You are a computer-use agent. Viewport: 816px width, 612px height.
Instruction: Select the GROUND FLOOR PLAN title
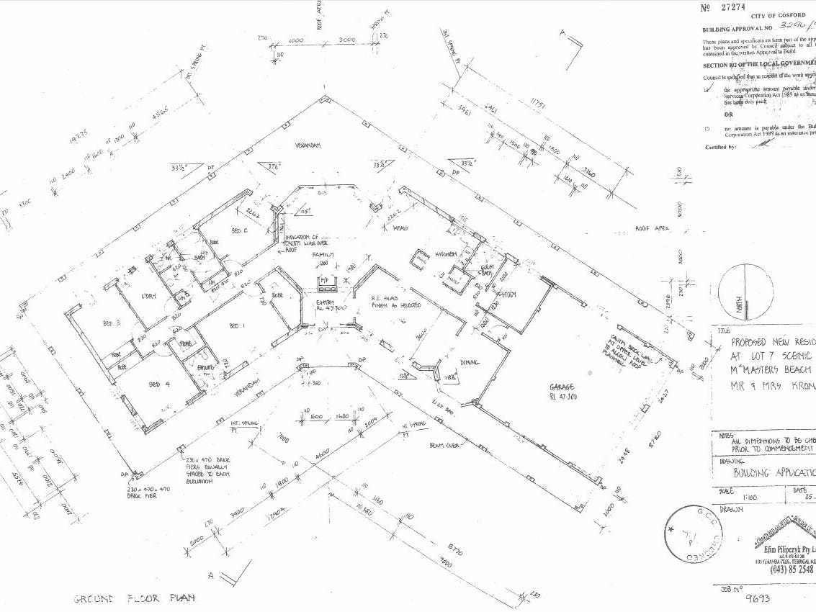click(135, 598)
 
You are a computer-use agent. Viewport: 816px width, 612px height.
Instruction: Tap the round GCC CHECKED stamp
click(691, 536)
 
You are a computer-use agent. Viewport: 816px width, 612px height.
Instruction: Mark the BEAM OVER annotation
click(445, 446)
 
